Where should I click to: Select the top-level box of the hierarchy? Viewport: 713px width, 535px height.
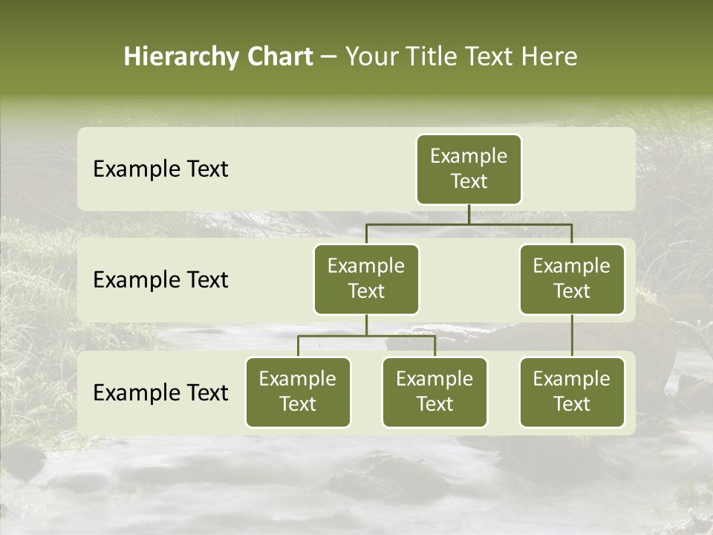tap(469, 169)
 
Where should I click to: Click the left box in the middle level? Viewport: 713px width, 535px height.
tap(366, 279)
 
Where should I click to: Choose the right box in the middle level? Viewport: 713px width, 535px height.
tap(572, 279)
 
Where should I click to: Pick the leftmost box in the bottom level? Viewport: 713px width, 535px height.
tap(298, 392)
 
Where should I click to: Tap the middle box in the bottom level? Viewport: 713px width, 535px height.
tap(434, 392)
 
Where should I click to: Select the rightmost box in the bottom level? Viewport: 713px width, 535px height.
tap(572, 392)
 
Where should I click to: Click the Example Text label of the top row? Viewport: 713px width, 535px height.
tap(160, 169)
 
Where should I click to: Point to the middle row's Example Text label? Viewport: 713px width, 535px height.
tap(160, 280)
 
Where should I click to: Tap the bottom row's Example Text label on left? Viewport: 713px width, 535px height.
tap(160, 393)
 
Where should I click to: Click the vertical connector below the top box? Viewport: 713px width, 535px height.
tap(469, 214)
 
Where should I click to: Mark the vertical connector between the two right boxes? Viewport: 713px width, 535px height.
tap(572, 336)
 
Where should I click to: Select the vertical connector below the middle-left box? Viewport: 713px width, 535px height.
tap(366, 325)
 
